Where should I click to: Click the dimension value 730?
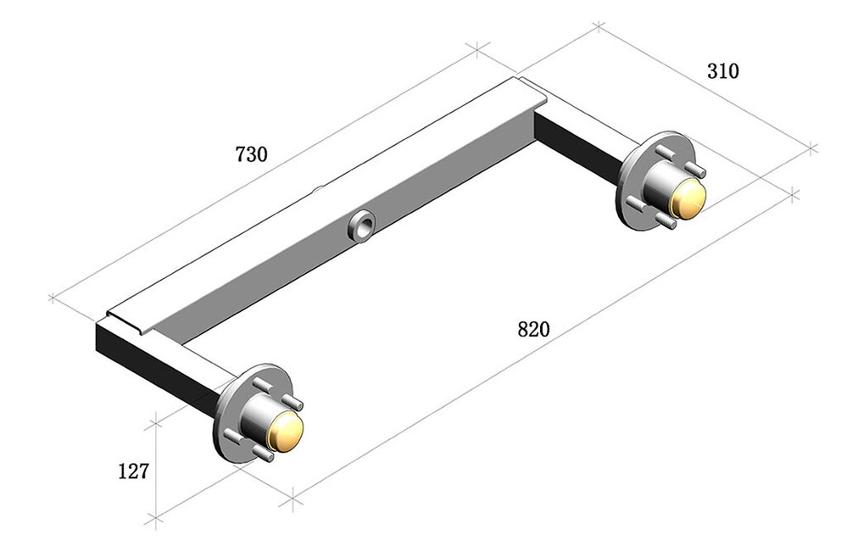251,154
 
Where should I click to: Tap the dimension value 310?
722,70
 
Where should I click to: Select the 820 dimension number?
533,329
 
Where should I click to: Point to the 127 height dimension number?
133,471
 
